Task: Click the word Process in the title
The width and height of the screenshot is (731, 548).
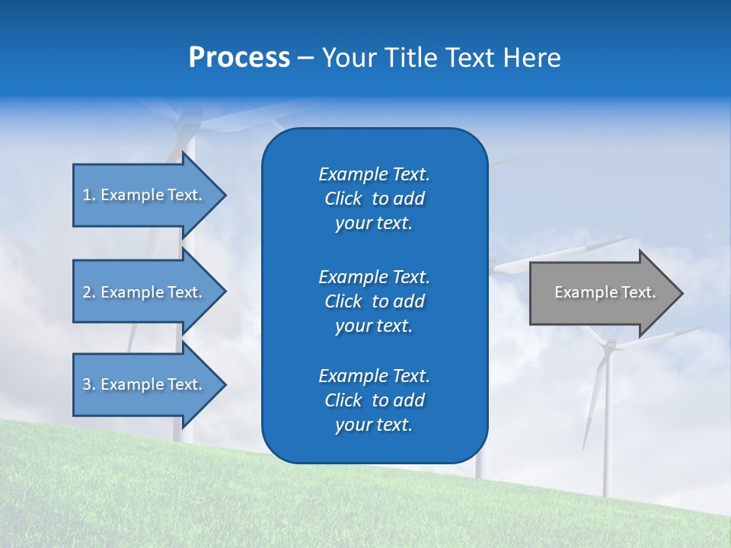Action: click(x=239, y=58)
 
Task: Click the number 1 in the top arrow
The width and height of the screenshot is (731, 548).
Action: click(x=87, y=195)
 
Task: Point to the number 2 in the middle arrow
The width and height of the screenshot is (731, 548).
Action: click(x=87, y=292)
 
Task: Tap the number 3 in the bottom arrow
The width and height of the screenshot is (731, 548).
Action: click(x=87, y=384)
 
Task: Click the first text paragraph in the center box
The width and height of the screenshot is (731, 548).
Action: click(x=374, y=199)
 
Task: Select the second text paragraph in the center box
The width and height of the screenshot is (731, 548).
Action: click(x=374, y=301)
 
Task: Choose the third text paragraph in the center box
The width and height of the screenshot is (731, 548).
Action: click(x=374, y=400)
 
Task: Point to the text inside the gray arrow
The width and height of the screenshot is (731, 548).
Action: click(x=605, y=292)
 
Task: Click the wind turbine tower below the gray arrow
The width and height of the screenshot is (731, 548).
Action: click(x=607, y=426)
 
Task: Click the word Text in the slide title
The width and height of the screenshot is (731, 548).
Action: click(x=471, y=58)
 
